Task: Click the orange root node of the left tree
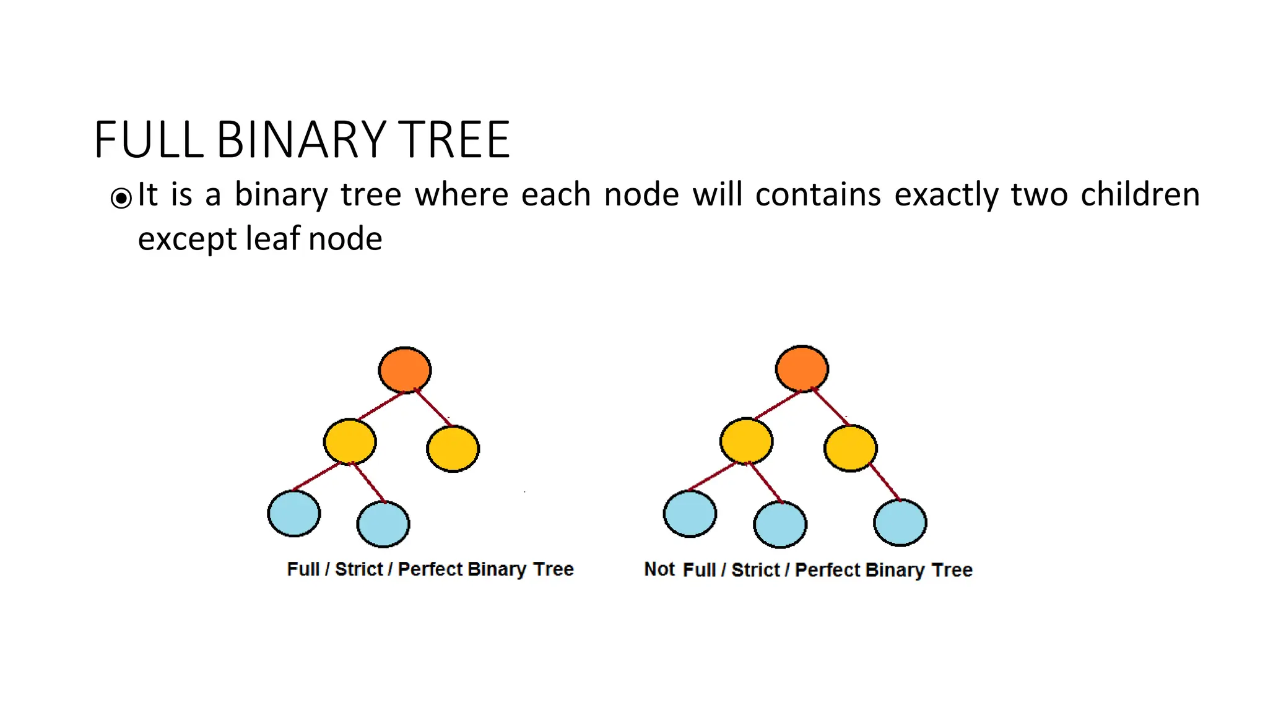tap(405, 370)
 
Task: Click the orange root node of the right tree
tap(802, 369)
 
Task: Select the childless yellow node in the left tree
tap(453, 449)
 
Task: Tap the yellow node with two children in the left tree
tap(350, 441)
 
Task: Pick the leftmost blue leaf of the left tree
tap(294, 513)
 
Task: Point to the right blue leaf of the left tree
tap(383, 524)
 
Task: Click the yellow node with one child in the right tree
tap(851, 448)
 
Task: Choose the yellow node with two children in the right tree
tap(747, 441)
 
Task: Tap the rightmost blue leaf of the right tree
tap(900, 523)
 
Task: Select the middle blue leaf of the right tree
tap(780, 525)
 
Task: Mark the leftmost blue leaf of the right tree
tap(690, 513)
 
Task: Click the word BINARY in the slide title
tap(301, 140)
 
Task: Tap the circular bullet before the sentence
tap(121, 198)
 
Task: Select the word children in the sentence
tap(1140, 195)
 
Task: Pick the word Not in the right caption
tap(659, 569)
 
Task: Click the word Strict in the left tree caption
tap(358, 569)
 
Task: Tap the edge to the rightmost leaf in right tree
tap(885, 482)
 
